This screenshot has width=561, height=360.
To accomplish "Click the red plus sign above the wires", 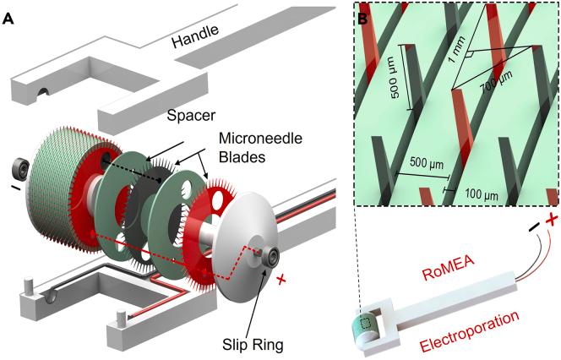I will tap(550, 221).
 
